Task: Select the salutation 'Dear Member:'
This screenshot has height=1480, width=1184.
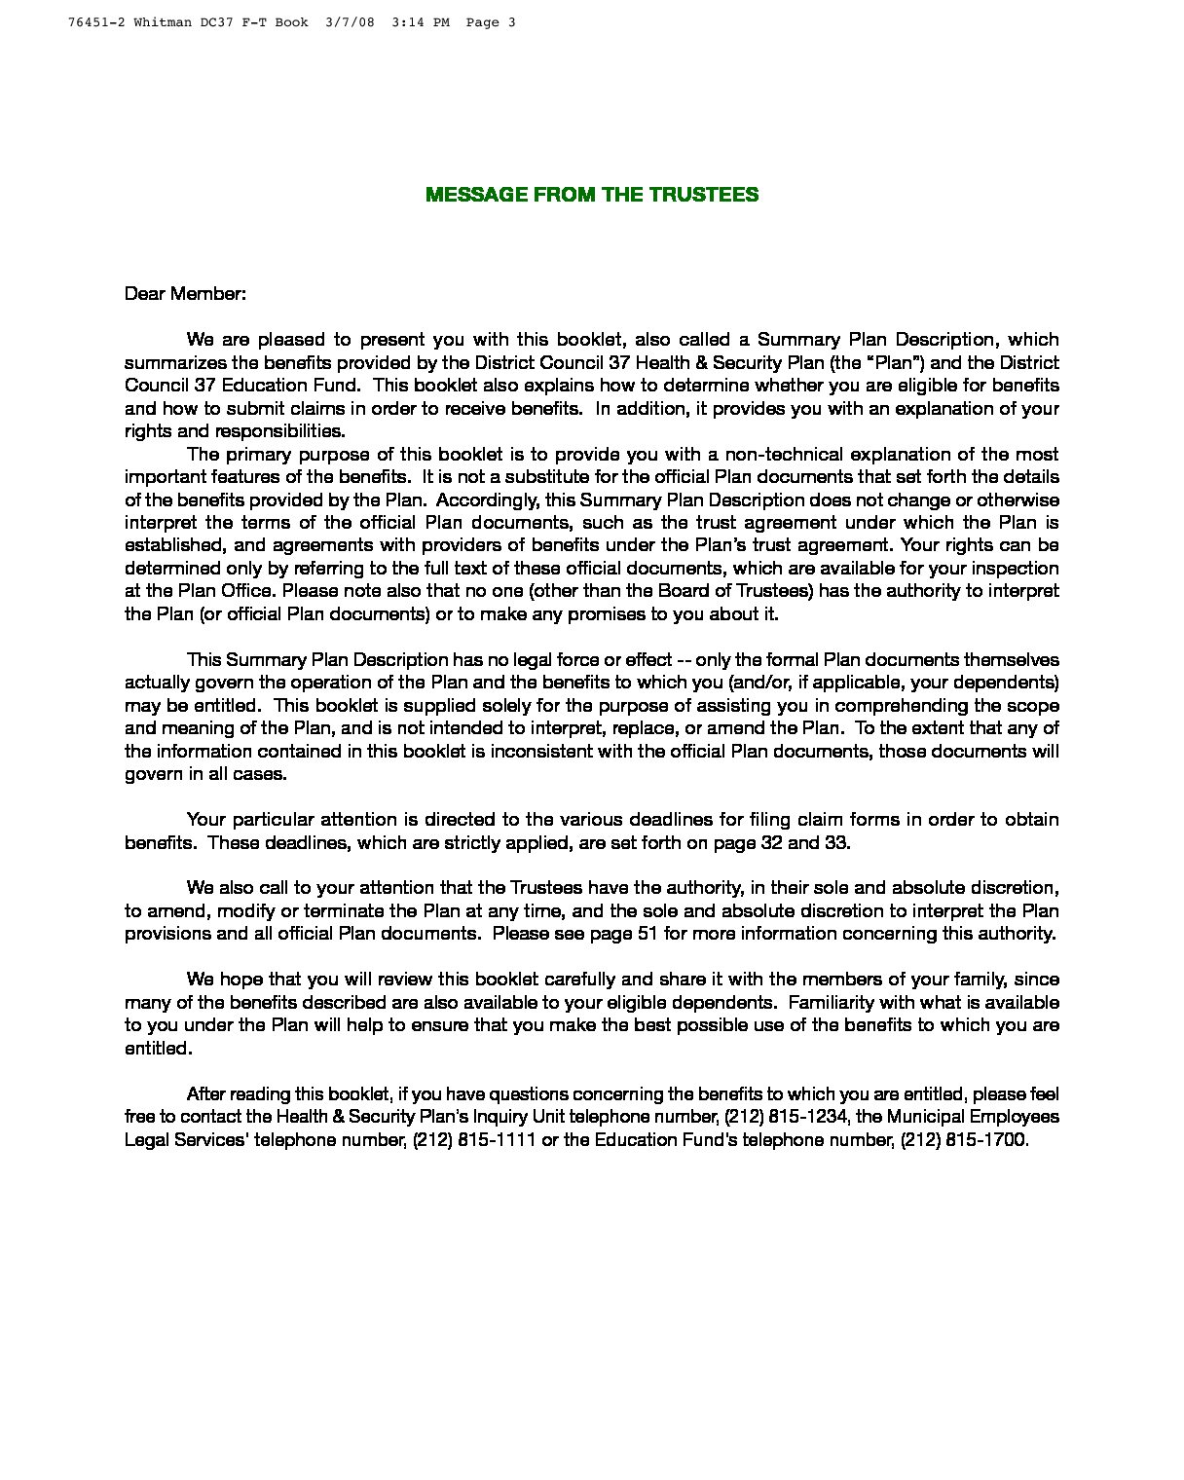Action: pyautogui.click(x=185, y=293)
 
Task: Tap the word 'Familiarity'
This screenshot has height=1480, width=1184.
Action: pyautogui.click(x=836, y=1002)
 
